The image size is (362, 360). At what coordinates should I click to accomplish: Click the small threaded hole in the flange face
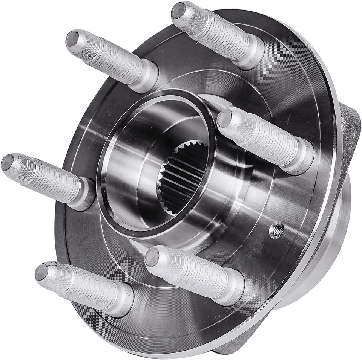(x=277, y=230)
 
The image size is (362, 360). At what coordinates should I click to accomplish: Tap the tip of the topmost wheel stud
(x=178, y=10)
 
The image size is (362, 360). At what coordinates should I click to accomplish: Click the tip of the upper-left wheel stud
(x=72, y=38)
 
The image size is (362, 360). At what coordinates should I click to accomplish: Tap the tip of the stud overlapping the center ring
(x=224, y=118)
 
